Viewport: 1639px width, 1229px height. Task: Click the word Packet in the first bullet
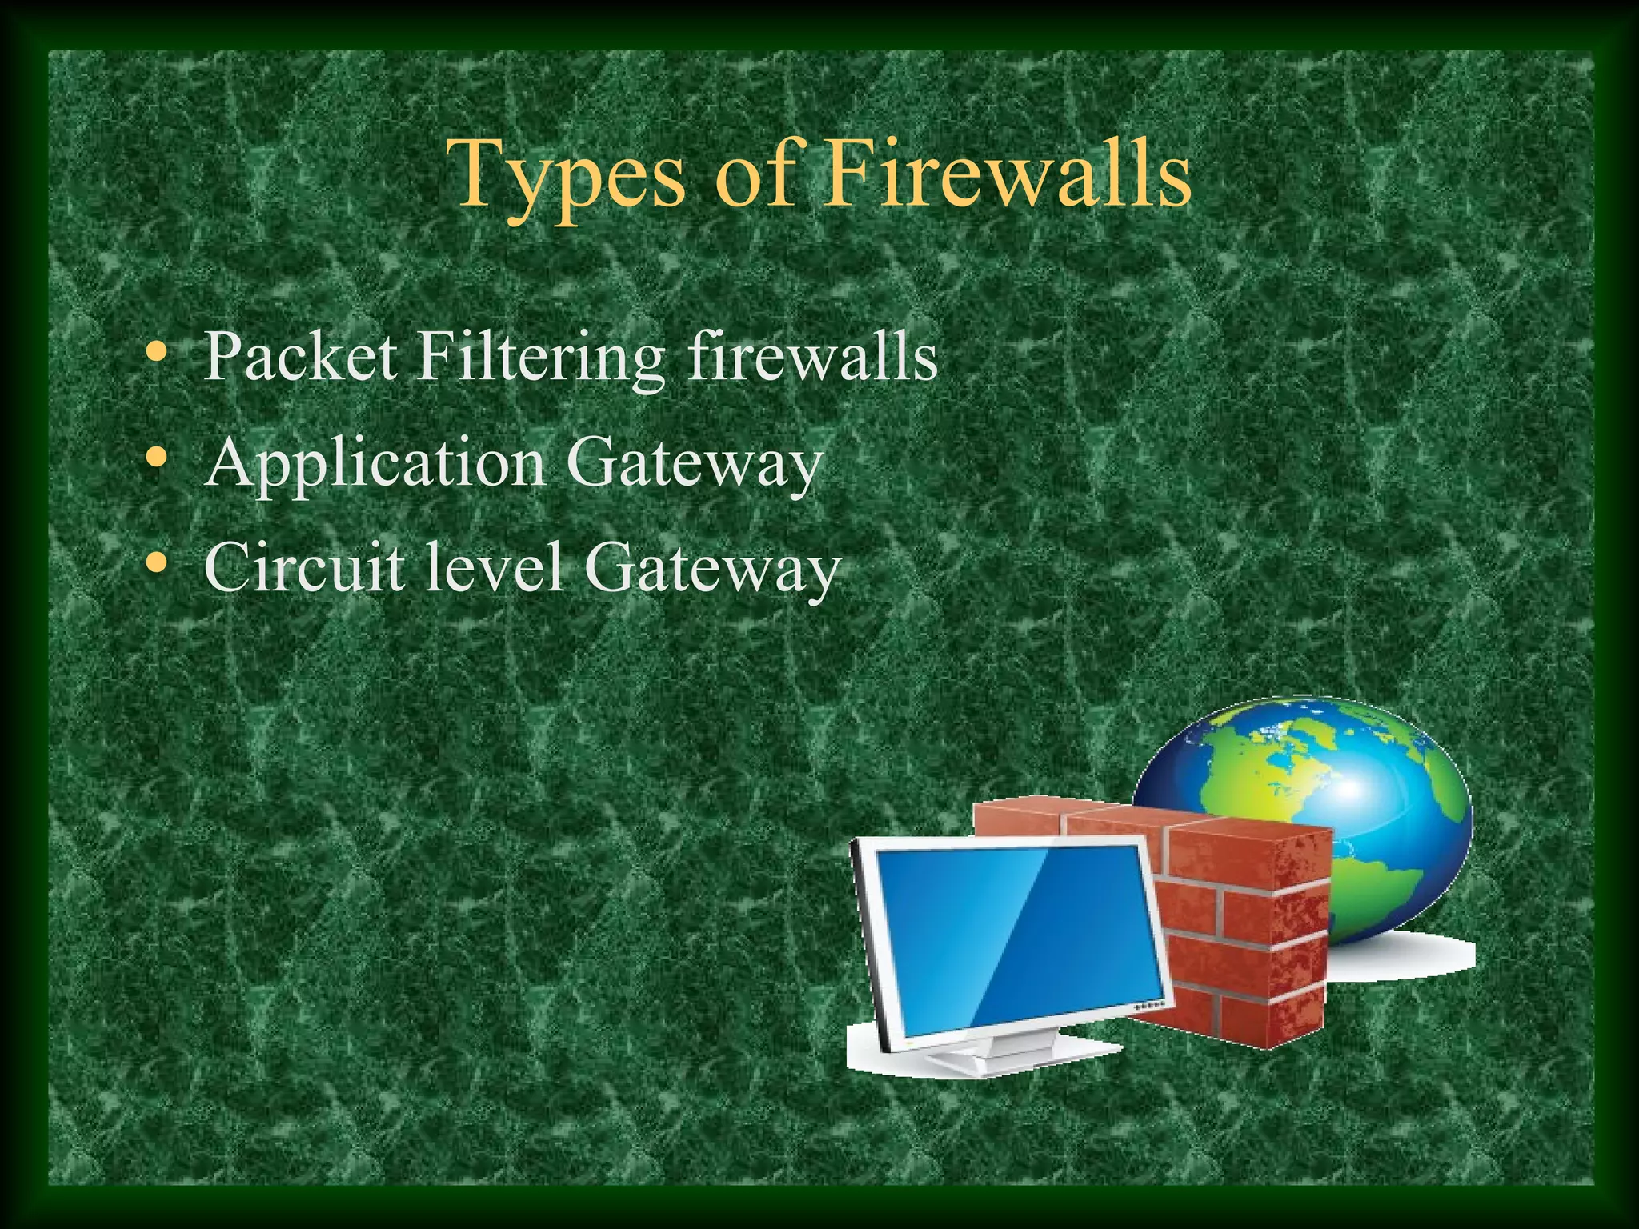tap(300, 356)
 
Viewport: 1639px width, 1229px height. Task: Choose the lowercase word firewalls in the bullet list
tap(812, 356)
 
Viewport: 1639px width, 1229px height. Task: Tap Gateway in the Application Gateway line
tap(695, 464)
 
